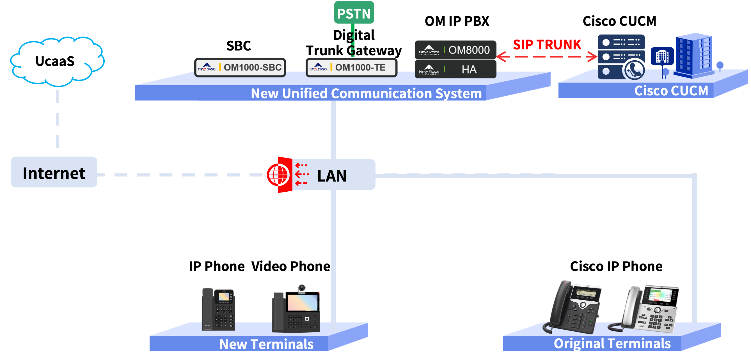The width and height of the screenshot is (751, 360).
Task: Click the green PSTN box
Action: (354, 13)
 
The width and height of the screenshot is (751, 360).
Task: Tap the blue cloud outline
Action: (57, 61)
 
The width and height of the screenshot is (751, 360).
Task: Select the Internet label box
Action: (54, 172)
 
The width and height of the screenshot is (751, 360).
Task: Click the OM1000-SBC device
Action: (240, 68)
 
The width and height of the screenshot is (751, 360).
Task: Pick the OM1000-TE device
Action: (351, 68)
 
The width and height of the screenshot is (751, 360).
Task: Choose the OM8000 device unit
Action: (455, 50)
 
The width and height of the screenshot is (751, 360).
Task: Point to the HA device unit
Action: (455, 69)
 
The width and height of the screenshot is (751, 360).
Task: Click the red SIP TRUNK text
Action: (547, 45)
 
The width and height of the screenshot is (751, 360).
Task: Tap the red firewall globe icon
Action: (278, 175)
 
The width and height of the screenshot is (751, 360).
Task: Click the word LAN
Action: (332, 176)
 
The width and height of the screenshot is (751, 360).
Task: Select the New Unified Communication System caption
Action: (366, 93)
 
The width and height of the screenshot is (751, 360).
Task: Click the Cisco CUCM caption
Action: (671, 91)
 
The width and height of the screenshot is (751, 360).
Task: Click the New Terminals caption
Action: (266, 344)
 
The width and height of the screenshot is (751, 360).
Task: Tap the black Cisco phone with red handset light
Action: (573, 307)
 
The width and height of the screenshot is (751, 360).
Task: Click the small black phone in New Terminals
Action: (218, 309)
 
